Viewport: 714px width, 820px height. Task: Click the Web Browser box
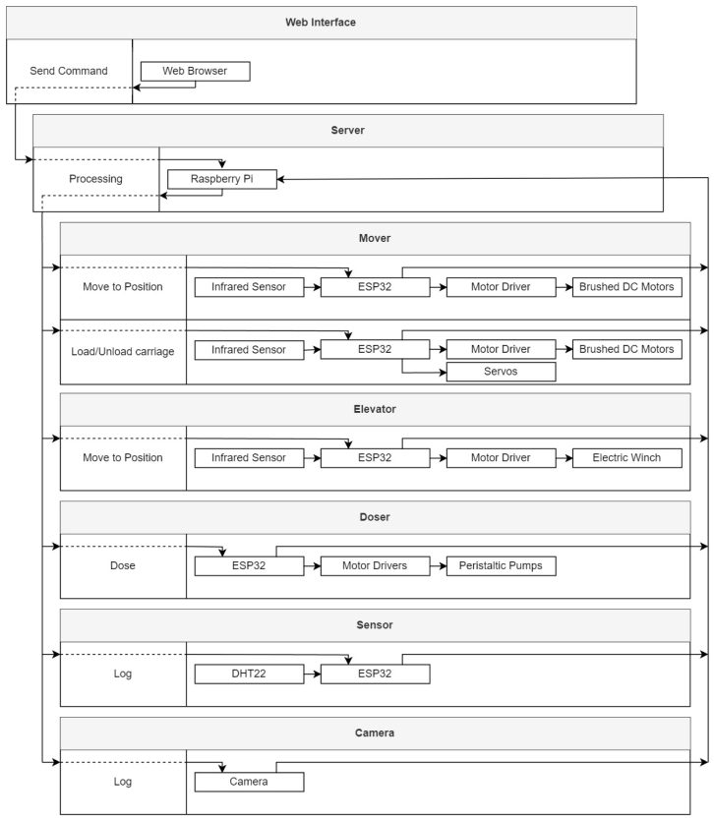click(x=195, y=71)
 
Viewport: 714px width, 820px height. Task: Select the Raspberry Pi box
click(x=221, y=179)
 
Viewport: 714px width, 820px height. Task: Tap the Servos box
click(x=501, y=372)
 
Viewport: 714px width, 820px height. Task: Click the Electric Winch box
click(x=626, y=457)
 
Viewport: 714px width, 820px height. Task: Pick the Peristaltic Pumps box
click(x=501, y=566)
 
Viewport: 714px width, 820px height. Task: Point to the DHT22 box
click(x=249, y=674)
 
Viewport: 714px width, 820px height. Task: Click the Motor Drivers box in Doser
click(x=375, y=566)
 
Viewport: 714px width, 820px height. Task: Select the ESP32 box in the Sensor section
click(x=375, y=674)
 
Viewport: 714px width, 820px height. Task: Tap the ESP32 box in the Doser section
click(x=249, y=566)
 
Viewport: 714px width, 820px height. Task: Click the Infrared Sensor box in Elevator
click(x=249, y=457)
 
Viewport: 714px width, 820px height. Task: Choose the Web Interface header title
click(x=321, y=22)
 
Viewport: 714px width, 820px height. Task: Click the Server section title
click(x=348, y=130)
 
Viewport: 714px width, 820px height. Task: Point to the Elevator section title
click(x=375, y=408)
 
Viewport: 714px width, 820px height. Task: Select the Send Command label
click(x=69, y=71)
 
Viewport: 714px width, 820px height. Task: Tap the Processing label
click(x=95, y=179)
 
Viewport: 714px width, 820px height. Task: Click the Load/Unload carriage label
click(x=123, y=351)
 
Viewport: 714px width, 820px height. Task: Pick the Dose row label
click(x=123, y=566)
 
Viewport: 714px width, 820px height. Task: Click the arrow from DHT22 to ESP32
click(x=312, y=674)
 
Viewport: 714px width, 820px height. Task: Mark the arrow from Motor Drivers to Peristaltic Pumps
click(x=438, y=566)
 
